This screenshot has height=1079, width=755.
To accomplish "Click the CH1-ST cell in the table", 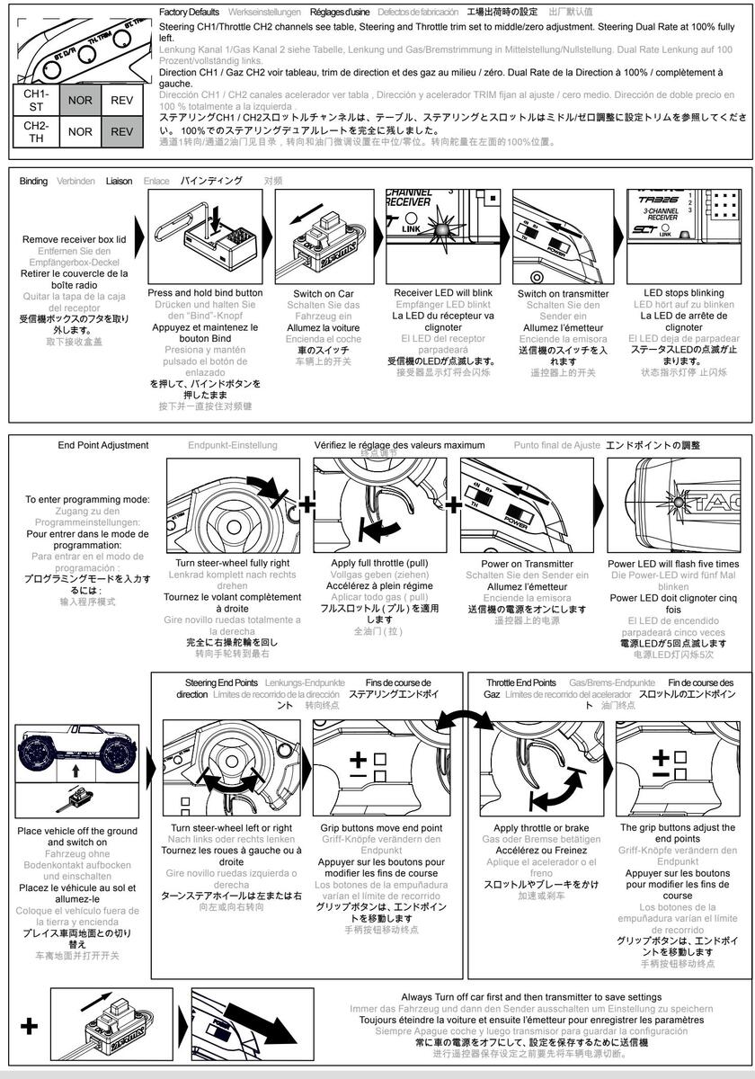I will click(x=36, y=100).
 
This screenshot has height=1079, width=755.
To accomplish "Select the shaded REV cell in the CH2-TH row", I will click(x=121, y=131).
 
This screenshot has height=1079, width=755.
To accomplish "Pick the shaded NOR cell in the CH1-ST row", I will click(x=80, y=100).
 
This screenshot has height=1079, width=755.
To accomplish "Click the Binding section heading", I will click(x=34, y=181).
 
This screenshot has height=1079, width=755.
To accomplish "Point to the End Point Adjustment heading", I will click(x=103, y=445).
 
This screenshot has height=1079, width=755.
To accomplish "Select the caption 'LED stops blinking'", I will click(x=683, y=293).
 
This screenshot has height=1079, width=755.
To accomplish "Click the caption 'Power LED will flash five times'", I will click(x=679, y=564).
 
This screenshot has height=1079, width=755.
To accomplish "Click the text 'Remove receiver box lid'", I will click(x=75, y=240).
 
